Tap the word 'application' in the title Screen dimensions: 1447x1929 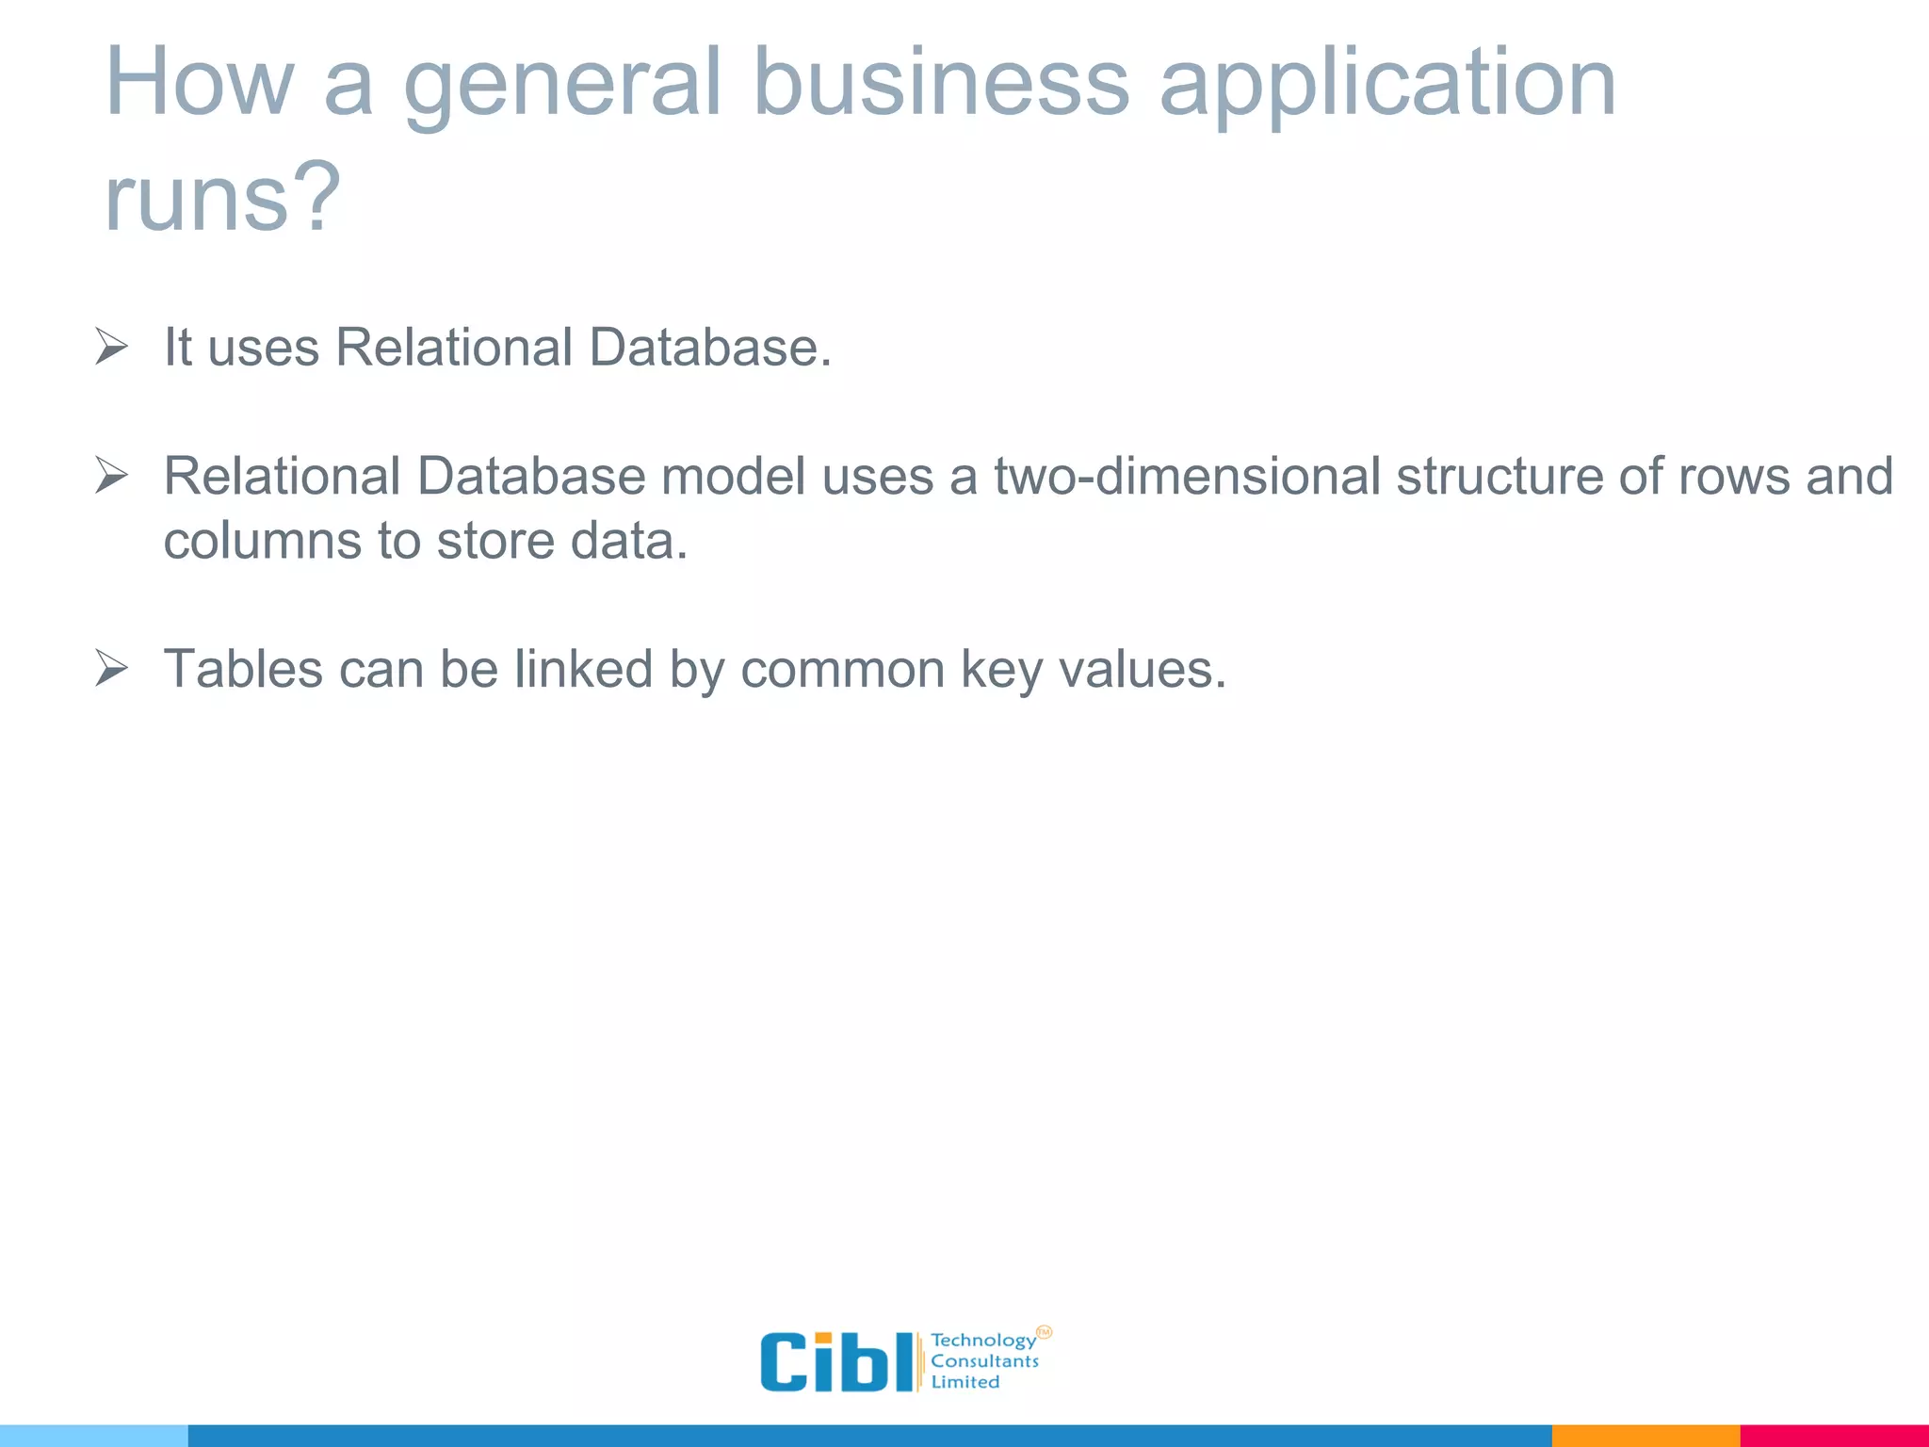click(1386, 85)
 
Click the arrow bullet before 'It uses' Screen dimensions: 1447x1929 click(111, 347)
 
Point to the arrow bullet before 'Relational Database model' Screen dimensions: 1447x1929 click(111, 476)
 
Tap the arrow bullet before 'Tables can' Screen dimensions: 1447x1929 click(111, 669)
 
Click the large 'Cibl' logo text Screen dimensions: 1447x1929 click(835, 1361)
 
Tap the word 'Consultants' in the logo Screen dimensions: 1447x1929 click(984, 1361)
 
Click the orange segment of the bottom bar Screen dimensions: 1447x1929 click(1645, 1436)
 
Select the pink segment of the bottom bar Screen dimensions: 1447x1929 click(1834, 1436)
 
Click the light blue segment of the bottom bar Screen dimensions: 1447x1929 click(93, 1436)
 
